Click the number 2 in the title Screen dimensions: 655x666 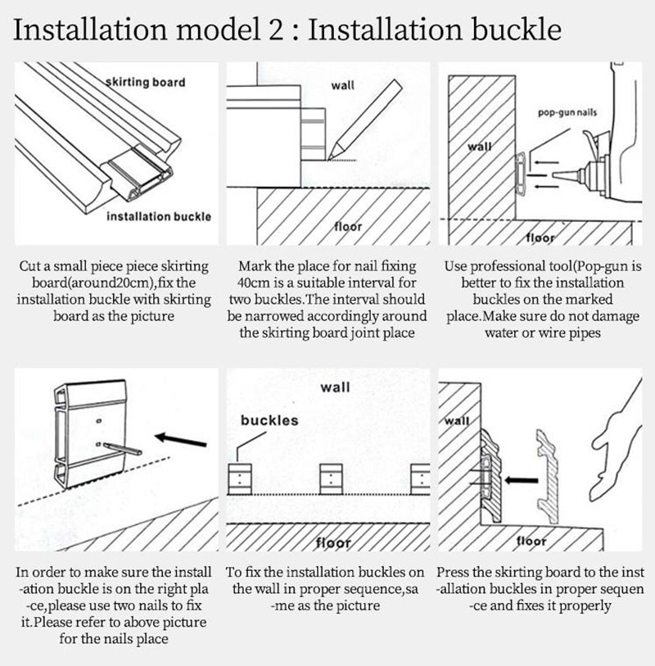pyautogui.click(x=274, y=30)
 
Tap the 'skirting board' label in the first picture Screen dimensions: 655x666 pyautogui.click(x=146, y=82)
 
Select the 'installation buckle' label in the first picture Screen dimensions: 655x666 pyautogui.click(x=159, y=216)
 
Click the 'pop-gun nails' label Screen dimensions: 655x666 pyautogui.click(x=567, y=112)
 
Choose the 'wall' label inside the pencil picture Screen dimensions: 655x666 pyautogui.click(x=342, y=85)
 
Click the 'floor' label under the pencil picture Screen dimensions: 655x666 pyautogui.click(x=348, y=226)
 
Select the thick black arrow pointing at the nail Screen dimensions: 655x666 pyautogui.click(x=181, y=440)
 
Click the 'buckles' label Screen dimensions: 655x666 pyautogui.click(x=269, y=420)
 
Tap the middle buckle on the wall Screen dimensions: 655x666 pyautogui.click(x=331, y=478)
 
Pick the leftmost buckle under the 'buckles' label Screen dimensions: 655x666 pyautogui.click(x=240, y=478)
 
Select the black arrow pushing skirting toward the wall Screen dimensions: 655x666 pyautogui.click(x=522, y=480)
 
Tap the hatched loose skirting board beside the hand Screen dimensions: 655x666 pyautogui.click(x=546, y=476)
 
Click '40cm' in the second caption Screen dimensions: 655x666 pyautogui.click(x=253, y=283)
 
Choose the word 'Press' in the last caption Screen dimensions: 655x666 pyautogui.click(x=453, y=572)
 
